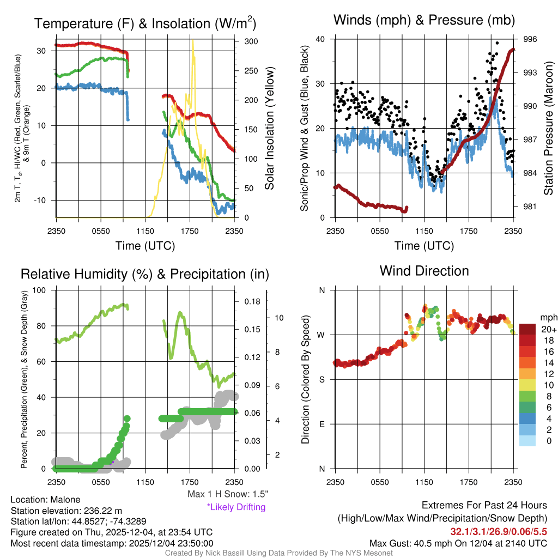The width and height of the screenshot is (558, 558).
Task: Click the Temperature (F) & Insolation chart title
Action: click(145, 23)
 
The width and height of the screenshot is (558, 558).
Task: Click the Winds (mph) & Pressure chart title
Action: click(424, 21)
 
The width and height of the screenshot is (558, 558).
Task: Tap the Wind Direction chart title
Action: click(424, 271)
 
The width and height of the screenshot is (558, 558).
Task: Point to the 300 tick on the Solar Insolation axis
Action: click(251, 41)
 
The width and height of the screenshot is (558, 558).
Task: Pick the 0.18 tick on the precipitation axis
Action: click(251, 301)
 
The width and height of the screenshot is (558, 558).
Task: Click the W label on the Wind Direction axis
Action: click(322, 335)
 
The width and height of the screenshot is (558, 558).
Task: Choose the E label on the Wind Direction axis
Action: click(322, 424)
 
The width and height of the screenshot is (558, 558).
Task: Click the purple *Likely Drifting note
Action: click(236, 507)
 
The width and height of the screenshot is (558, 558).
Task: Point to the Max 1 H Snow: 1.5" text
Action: click(227, 494)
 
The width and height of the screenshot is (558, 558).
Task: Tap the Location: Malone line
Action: click(45, 500)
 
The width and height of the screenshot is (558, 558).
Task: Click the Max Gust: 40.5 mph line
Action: click(458, 543)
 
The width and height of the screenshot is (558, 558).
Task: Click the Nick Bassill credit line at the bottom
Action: click(278, 553)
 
